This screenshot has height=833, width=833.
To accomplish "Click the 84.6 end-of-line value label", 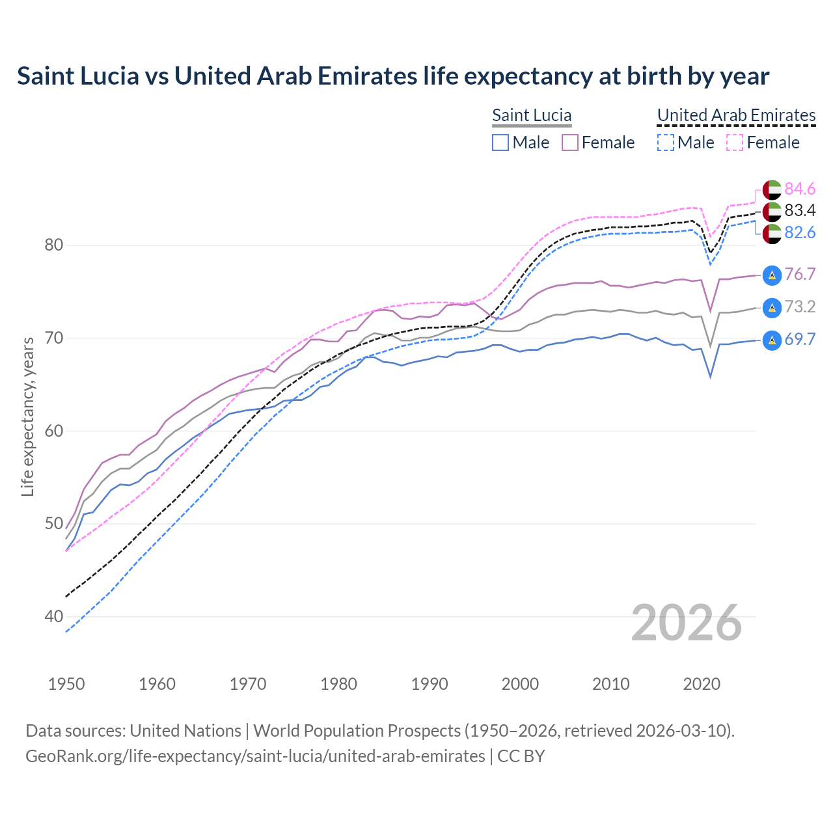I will (800, 189).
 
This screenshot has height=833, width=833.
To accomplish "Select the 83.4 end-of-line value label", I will (800, 210).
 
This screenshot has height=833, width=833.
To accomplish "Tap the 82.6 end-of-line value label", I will (800, 232).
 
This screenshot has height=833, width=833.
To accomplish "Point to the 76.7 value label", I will (800, 275).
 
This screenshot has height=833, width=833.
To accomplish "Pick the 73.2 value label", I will (800, 307).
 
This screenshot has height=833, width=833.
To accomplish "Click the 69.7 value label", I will (800, 339).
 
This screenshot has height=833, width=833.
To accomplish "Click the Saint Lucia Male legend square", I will (500, 143).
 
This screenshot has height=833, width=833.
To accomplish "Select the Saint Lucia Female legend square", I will (570, 143).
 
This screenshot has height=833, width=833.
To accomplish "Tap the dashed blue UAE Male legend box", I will (666, 143).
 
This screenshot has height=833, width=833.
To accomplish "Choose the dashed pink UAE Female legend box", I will (735, 143).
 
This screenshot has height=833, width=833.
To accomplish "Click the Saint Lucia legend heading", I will (532, 115).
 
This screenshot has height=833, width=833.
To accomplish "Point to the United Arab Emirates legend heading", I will (736, 115).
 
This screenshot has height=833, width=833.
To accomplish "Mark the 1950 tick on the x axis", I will (67, 684).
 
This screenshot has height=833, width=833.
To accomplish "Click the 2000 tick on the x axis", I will (520, 684).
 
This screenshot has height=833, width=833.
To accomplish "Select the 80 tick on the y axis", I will (54, 245).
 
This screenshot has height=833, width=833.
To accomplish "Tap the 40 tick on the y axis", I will (54, 616).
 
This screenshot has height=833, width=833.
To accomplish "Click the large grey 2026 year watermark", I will (687, 623).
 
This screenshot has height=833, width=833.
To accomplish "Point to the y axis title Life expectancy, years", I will (28, 416).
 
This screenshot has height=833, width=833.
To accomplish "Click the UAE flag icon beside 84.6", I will (772, 189).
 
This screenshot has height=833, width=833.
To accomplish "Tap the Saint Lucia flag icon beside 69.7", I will (772, 340).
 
